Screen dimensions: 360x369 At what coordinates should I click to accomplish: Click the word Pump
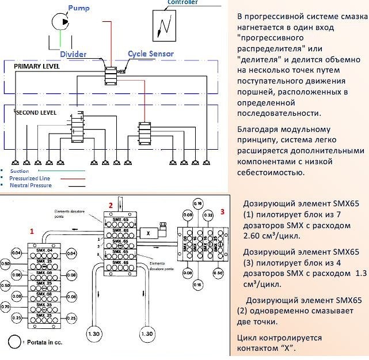coord(78,9)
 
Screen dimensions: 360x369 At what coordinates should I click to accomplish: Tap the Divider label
coord(74,54)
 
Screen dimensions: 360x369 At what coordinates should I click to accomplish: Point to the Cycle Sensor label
coord(151,54)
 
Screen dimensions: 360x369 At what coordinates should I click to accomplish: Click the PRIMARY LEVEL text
coord(37,67)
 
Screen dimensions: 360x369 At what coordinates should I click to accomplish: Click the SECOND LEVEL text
coord(37,113)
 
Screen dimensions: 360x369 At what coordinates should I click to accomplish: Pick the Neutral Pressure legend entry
coord(31,185)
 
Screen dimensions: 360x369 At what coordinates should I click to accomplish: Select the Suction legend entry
coord(21,171)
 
